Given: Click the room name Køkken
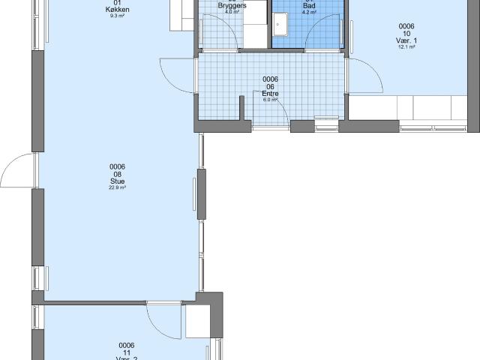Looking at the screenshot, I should [x=116, y=10].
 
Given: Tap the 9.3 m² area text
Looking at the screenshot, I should [x=116, y=16].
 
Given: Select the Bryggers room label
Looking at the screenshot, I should [x=232, y=5].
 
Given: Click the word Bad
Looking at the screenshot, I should [x=309, y=5].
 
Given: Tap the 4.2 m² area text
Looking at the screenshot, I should [x=309, y=12].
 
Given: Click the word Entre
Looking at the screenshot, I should [x=271, y=94].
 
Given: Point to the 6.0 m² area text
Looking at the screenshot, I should [x=271, y=100].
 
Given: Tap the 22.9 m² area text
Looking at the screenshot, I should [x=116, y=188].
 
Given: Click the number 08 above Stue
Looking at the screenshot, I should [x=117, y=174].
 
